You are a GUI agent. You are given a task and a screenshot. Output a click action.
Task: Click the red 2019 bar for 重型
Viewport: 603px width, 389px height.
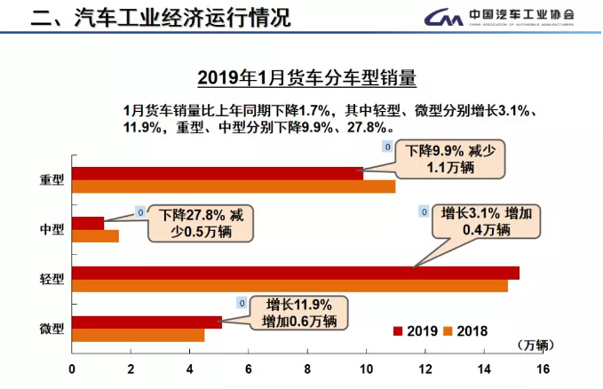pos(218,174)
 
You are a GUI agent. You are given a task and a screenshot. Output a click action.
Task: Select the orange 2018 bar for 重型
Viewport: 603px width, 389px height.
pos(233,187)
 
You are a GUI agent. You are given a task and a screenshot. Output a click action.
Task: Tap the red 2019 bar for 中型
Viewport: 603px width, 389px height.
pos(88,224)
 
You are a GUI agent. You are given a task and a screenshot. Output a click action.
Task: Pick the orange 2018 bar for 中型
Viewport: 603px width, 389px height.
pos(95,236)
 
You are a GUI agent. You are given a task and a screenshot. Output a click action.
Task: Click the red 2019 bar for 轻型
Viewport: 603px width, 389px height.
pos(295,273)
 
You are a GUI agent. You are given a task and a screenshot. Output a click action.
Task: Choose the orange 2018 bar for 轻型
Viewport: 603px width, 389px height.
pos(290,285)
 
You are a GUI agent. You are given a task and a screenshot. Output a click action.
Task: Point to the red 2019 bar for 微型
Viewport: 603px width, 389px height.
pos(147,322)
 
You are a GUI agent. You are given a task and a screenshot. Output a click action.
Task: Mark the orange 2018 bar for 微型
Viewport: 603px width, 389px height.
pos(138,335)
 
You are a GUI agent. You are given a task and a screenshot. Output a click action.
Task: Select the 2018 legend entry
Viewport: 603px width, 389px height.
pos(466,331)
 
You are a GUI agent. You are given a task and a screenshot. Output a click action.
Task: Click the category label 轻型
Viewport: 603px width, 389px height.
pos(52,279)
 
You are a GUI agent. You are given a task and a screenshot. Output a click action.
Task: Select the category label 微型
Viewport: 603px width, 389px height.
pos(52,329)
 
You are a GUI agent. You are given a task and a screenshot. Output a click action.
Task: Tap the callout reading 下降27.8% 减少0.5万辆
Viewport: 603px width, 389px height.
pos(202,223)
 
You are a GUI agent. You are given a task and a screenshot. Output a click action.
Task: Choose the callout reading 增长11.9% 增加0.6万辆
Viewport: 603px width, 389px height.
pos(299,313)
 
